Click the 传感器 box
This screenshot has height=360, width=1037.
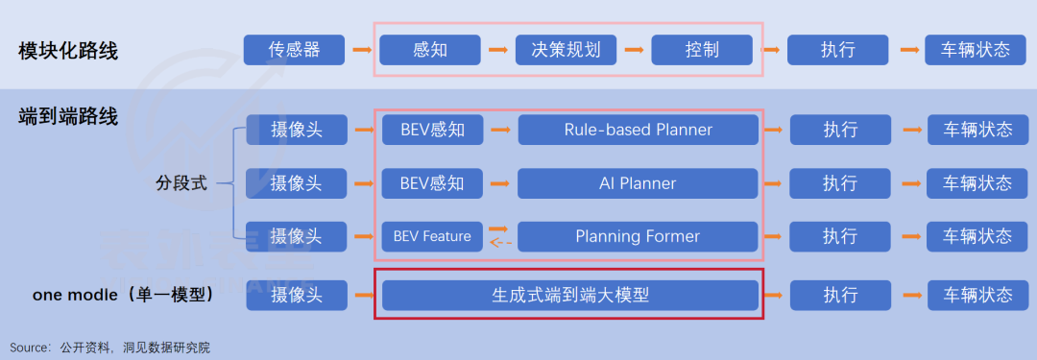click(x=295, y=50)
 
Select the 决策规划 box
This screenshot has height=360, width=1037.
click(x=567, y=50)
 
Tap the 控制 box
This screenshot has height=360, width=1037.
click(x=702, y=50)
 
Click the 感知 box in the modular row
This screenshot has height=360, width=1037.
click(x=430, y=50)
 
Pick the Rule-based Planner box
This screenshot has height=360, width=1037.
click(x=638, y=130)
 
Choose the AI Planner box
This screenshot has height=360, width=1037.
click(x=638, y=183)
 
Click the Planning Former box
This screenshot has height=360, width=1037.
click(x=638, y=236)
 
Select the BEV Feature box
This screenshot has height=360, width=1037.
click(x=432, y=236)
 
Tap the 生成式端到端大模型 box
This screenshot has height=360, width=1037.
click(x=570, y=295)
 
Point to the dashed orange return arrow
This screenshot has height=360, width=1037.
click(x=500, y=243)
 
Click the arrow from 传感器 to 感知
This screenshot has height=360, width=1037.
click(x=362, y=50)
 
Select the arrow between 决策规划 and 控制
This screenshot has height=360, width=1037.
click(x=634, y=50)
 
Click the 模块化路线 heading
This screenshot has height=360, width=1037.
click(x=68, y=50)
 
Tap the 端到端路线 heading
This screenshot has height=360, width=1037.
click(x=68, y=116)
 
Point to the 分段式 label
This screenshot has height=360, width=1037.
click(x=181, y=183)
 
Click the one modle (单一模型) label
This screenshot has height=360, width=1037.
click(x=123, y=295)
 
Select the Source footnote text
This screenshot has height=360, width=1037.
click(x=109, y=348)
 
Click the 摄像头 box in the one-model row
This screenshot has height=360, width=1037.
click(x=297, y=295)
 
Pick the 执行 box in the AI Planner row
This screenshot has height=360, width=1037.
click(x=840, y=183)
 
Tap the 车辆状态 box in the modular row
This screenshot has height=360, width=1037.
click(x=976, y=50)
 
